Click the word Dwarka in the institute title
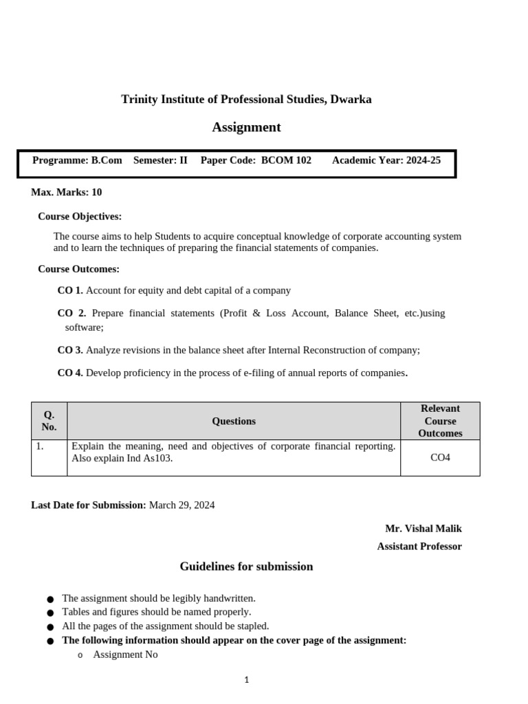pos(351,99)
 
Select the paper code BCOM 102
pos(286,160)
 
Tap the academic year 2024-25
pos(423,160)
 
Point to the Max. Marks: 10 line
pos(67,192)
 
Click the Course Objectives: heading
pos(80,217)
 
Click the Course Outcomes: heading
pos(78,269)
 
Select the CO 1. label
pos(70,291)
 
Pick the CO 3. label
pos(70,350)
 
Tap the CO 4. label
pos(70,373)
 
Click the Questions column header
pos(234,421)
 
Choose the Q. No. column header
pos(49,421)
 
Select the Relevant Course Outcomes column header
pos(440,421)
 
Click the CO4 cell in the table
pos(440,457)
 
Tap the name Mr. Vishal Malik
pos(423,529)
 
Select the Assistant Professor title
pos(419,547)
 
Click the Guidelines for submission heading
pos(246,566)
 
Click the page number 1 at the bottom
pos(247,680)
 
